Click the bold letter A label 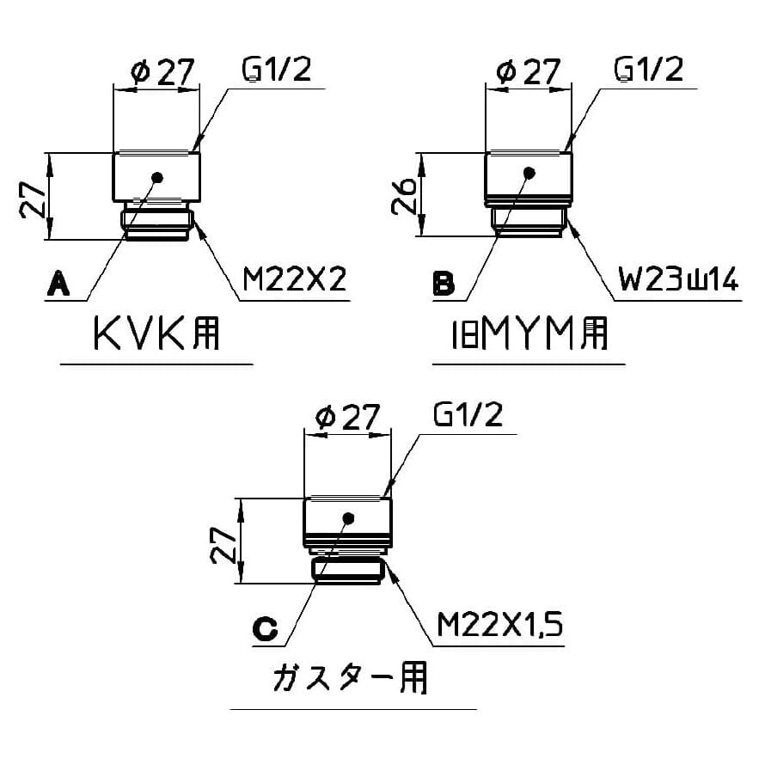[58, 283]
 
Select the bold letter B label [444, 284]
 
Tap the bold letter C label [265, 629]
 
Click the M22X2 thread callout [294, 279]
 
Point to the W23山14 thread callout [678, 279]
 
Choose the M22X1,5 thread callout [499, 624]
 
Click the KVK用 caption [156, 333]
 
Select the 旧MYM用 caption [529, 333]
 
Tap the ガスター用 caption [350, 678]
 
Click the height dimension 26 [404, 195]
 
